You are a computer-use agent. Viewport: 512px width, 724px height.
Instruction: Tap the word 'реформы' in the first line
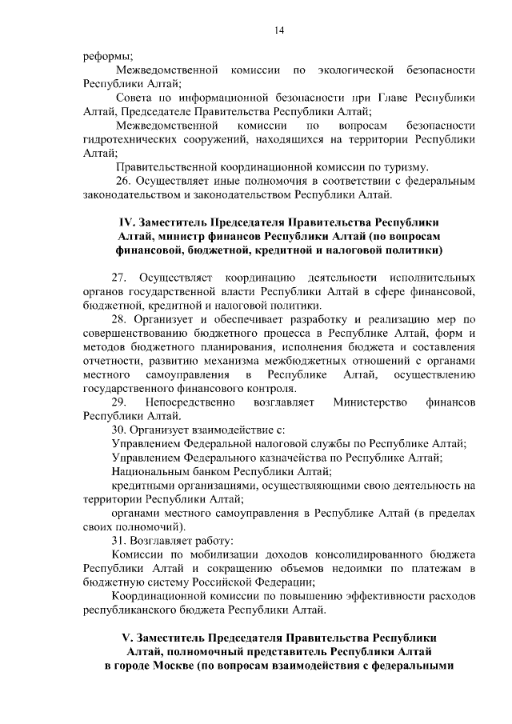click(x=107, y=57)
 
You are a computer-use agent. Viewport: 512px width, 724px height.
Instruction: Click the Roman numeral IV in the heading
click(x=124, y=222)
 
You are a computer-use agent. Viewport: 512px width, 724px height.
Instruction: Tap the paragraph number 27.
click(x=121, y=277)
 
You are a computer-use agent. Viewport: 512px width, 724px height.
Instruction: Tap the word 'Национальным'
click(x=154, y=471)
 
